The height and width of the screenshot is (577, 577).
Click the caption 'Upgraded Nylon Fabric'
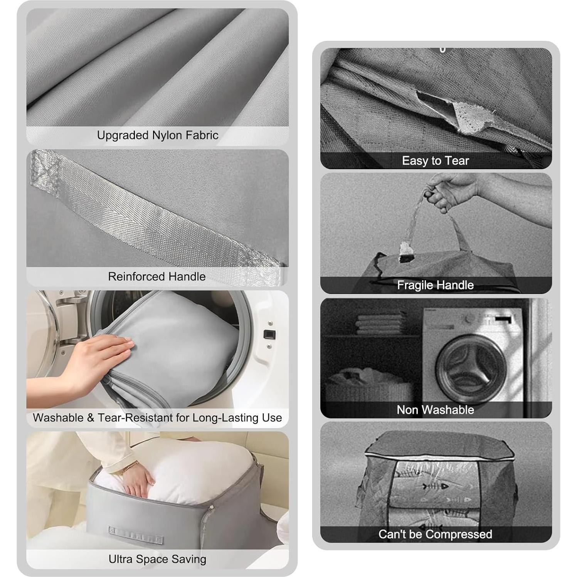coord(157,135)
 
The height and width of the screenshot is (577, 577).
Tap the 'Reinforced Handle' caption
coord(156,276)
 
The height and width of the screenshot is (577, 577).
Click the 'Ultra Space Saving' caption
coord(157,559)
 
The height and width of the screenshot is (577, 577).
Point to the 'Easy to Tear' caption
coord(435,160)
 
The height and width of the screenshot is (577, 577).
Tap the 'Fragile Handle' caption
coord(435,285)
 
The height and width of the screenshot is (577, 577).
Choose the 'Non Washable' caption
coord(435,409)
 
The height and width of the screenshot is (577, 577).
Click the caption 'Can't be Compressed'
coord(435,534)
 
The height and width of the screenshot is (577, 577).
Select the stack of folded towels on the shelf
coord(380,323)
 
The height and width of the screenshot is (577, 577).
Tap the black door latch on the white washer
coord(269,334)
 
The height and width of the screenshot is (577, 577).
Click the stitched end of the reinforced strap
coord(44,170)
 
